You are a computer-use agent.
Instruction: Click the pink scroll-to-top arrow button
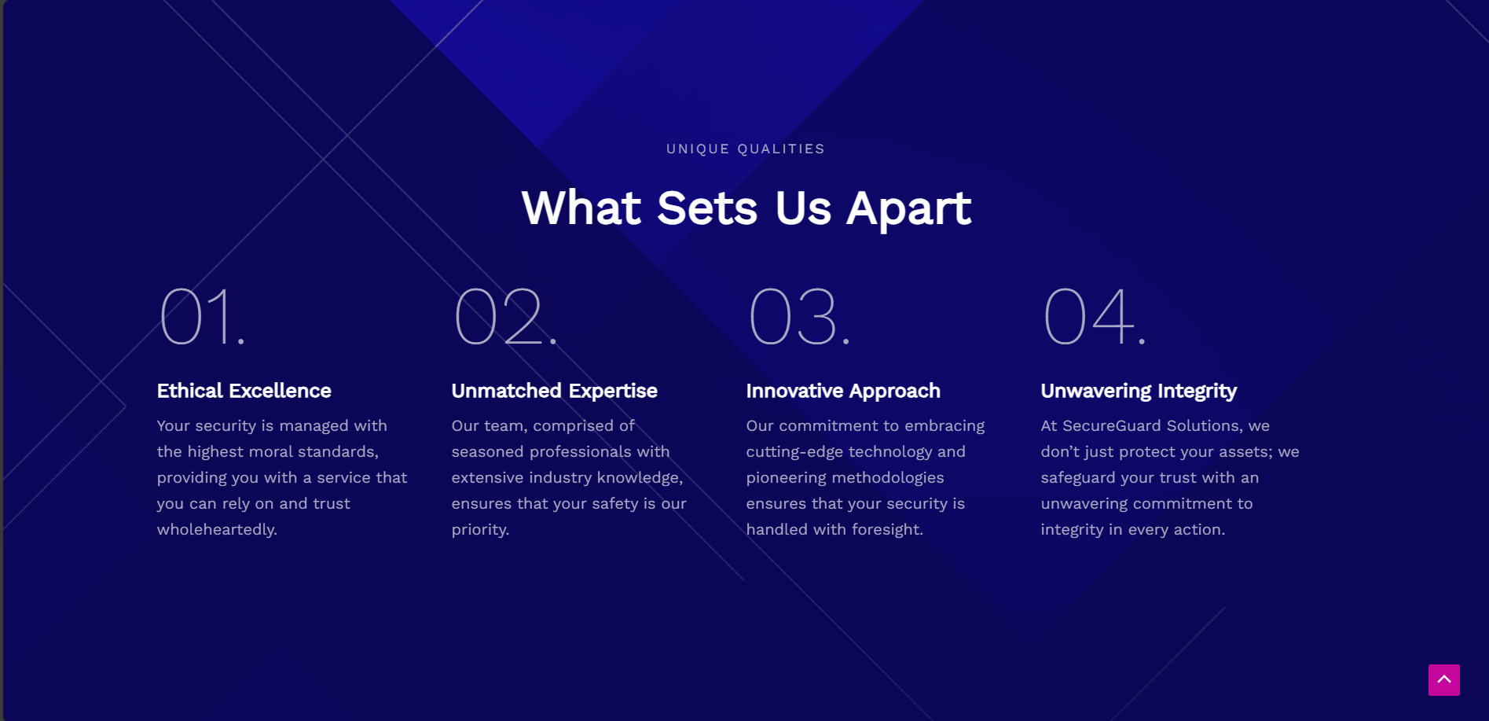(x=1443, y=680)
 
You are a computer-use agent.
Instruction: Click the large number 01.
(x=202, y=316)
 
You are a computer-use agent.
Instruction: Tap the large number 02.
(x=505, y=316)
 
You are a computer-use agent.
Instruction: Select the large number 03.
(x=799, y=316)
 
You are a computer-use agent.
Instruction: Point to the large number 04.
(x=1095, y=316)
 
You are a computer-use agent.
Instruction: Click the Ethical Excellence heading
(x=244, y=391)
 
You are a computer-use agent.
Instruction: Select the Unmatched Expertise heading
(x=554, y=391)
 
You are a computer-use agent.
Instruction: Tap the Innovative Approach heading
(x=843, y=391)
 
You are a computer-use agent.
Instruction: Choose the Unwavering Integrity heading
(x=1139, y=392)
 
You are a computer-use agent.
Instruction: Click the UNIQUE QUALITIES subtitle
(x=746, y=149)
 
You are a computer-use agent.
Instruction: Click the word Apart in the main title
(x=908, y=209)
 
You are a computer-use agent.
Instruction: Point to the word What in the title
(x=581, y=208)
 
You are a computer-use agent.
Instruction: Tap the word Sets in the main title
(x=707, y=208)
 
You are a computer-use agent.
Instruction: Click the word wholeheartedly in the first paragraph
(x=217, y=530)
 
